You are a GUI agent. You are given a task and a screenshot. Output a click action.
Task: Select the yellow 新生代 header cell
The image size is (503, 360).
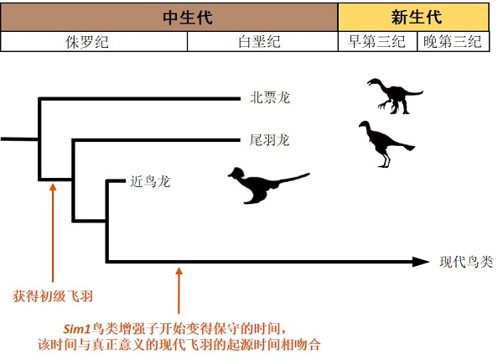416,17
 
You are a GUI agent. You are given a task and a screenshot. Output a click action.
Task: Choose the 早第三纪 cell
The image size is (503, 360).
376,42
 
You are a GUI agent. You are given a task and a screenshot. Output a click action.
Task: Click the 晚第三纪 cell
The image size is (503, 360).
454,42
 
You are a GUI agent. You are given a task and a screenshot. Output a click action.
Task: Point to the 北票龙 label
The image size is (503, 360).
269,97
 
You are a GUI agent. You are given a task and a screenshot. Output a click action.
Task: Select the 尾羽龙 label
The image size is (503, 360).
269,139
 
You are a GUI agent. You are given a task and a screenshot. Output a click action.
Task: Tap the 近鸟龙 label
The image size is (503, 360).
150,180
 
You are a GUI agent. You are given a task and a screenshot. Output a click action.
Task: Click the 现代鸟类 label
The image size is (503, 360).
466,262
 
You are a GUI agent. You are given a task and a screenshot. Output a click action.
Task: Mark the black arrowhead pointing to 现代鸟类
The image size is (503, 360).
422,262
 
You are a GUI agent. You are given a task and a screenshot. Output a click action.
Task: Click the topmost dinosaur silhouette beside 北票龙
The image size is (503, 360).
389,95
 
